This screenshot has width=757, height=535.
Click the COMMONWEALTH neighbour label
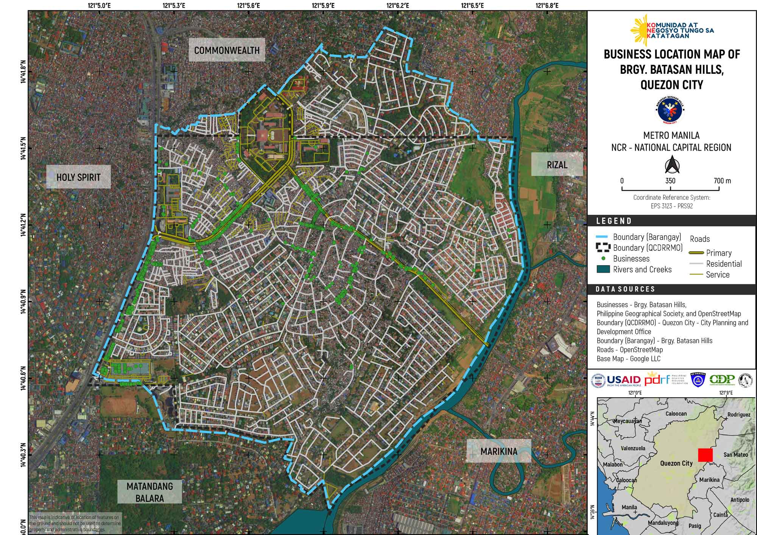pos(227,50)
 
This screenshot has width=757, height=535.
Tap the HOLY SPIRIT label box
pos(78,177)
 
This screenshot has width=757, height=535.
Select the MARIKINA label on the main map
pos(498,451)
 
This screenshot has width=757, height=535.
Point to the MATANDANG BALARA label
pos(150,492)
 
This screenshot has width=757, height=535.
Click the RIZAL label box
pos(557,165)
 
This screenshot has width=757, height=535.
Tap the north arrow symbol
pos(672,166)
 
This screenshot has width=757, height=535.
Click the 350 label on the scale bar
pos(670,181)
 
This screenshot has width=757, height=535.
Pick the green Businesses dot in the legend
pos(604,258)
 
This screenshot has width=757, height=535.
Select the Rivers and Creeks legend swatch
pos(603,269)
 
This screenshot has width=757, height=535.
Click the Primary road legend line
pos(696,253)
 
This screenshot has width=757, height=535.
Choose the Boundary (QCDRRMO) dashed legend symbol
pos(603,248)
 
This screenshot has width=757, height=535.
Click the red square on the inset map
pos(705,455)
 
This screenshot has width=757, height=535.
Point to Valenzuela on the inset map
pos(633,448)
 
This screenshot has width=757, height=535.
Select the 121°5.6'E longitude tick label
pos(248,5)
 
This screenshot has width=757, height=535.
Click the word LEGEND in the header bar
pos(614,221)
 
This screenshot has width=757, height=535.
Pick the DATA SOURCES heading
pos(625,289)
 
